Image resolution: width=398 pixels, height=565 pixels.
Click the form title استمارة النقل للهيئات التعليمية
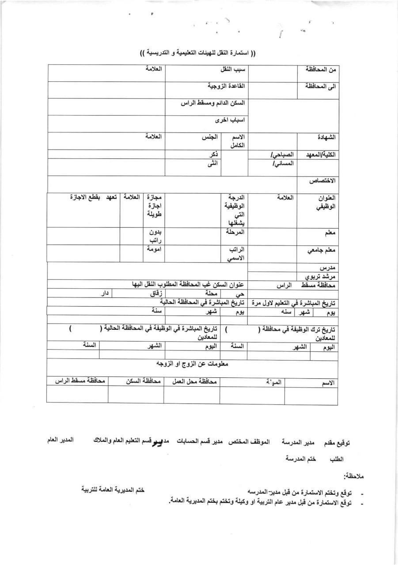[x=198, y=53]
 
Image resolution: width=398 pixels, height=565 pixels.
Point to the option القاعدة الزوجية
[x=226, y=86]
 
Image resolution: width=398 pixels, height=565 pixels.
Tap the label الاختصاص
[x=323, y=181]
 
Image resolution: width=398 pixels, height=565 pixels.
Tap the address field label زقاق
[x=155, y=292]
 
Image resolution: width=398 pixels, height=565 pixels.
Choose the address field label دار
[x=104, y=292]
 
